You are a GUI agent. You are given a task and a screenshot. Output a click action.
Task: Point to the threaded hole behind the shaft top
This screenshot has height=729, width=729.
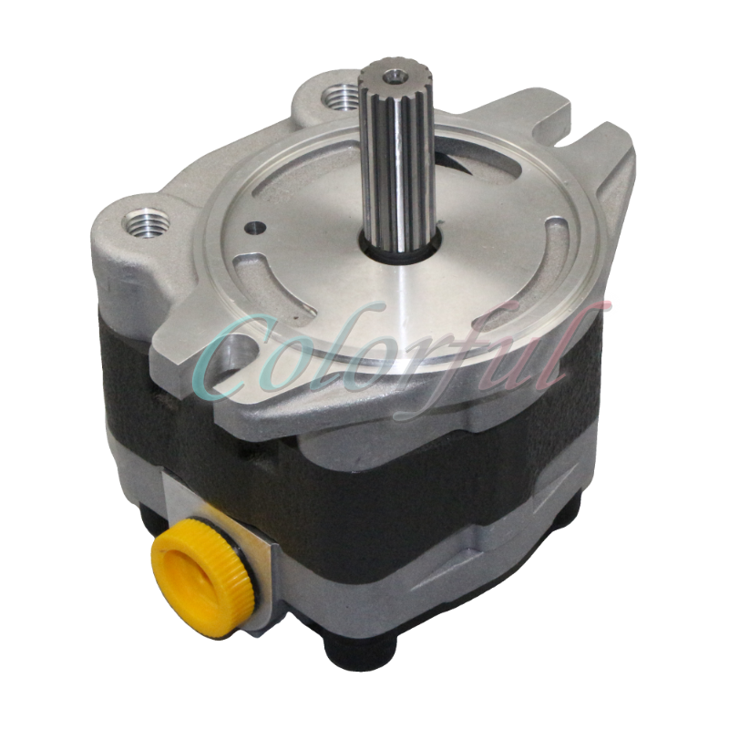pos(340,92)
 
